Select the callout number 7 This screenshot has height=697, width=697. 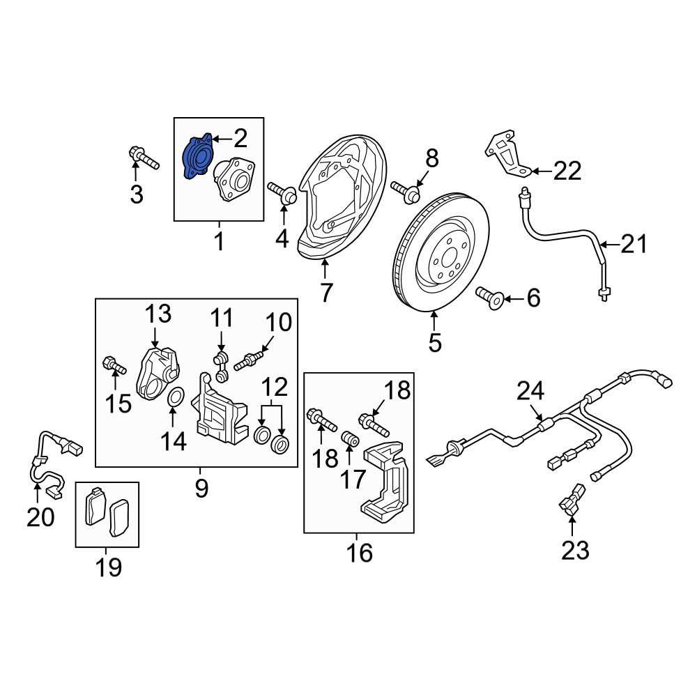pos(325,292)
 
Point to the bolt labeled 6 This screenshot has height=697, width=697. pos(489,298)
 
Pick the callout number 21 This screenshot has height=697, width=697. pos(634,243)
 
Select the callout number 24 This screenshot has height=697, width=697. pos(530,392)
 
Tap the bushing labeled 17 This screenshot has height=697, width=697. pos(350,438)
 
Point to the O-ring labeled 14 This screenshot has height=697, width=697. pos(176,397)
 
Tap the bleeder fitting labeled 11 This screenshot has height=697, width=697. pos(220,367)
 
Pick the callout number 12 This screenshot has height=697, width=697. pos(275,387)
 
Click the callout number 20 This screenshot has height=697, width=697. pos(40,517)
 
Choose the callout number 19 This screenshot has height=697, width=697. pos(109,567)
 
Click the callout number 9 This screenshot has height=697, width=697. pos(201,489)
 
